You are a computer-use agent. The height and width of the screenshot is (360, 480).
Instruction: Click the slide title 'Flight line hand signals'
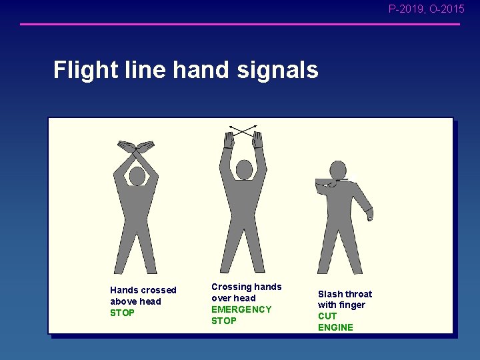point(185,70)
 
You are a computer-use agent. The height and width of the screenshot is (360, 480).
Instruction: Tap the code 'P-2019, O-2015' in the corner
point(426,9)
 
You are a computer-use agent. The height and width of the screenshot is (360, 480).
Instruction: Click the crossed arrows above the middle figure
point(243,131)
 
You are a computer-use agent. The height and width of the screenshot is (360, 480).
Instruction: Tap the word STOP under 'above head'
point(122,313)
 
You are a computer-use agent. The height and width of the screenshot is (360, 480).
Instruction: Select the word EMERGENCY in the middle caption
point(241,309)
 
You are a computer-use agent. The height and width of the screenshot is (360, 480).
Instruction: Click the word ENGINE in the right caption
point(335,327)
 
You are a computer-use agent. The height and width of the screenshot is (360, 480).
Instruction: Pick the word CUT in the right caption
point(327,316)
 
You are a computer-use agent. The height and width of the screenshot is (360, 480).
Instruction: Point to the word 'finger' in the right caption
point(351,305)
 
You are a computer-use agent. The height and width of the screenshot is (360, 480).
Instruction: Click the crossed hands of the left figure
point(136,146)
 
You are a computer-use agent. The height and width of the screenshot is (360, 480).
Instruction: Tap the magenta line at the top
point(240,25)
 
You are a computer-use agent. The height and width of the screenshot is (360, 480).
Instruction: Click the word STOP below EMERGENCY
point(223,321)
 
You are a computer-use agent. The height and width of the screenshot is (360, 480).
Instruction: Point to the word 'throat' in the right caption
point(359,294)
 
